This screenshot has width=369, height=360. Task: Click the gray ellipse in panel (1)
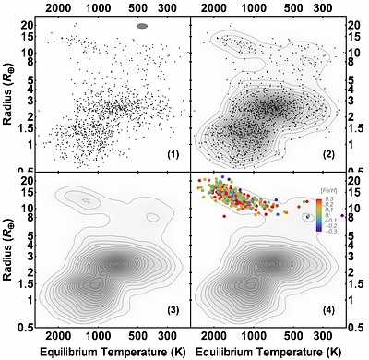tap(142, 26)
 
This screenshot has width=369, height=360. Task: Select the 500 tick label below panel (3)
tap(137, 337)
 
